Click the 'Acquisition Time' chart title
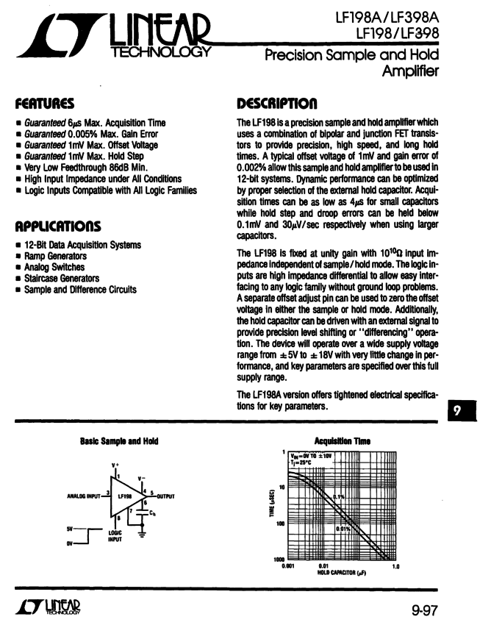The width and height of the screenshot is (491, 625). coord(342,441)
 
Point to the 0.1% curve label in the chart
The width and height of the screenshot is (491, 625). coord(339,497)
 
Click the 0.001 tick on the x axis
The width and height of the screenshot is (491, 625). coord(288,566)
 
